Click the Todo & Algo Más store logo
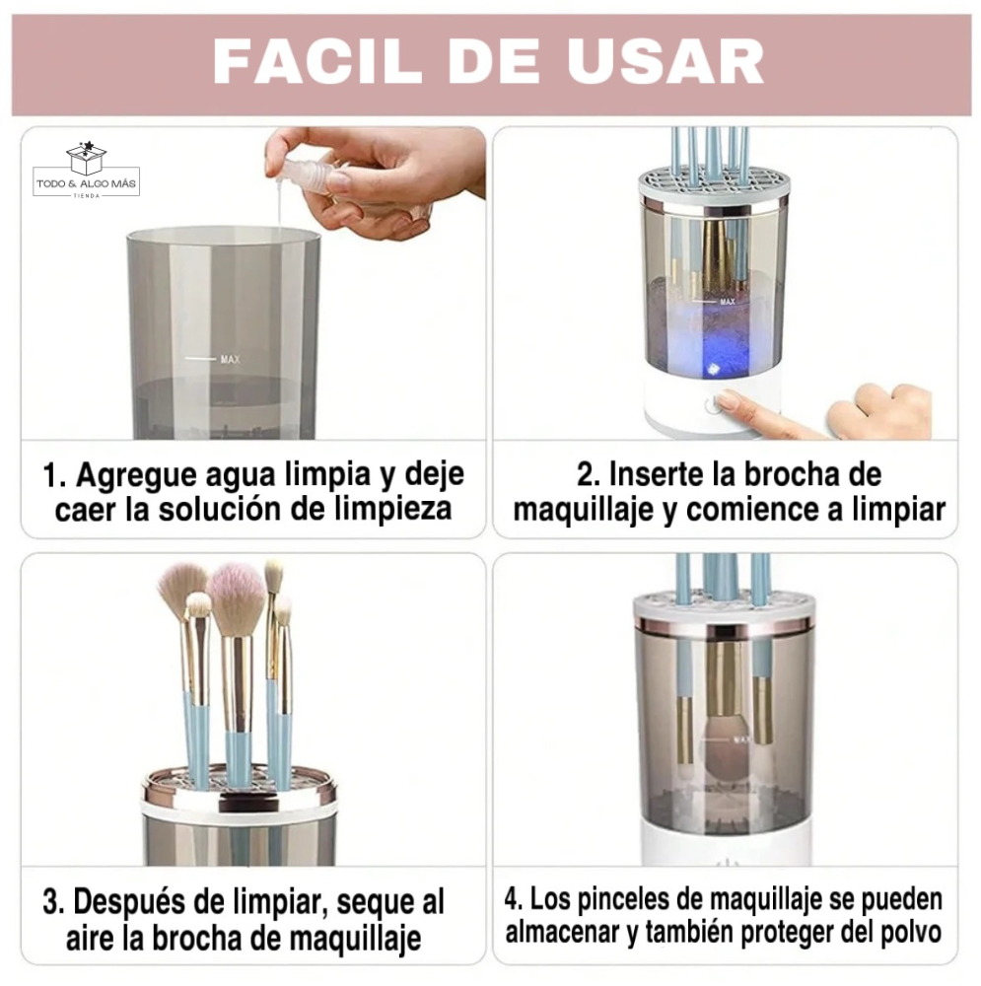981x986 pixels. coord(86,172)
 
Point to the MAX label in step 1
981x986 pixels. coord(230,360)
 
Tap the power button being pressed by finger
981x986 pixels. coord(710,404)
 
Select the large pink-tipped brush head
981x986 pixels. coord(236,599)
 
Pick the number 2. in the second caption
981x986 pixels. coord(589,474)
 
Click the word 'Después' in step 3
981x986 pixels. coord(138,901)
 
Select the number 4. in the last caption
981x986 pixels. coord(515,899)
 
